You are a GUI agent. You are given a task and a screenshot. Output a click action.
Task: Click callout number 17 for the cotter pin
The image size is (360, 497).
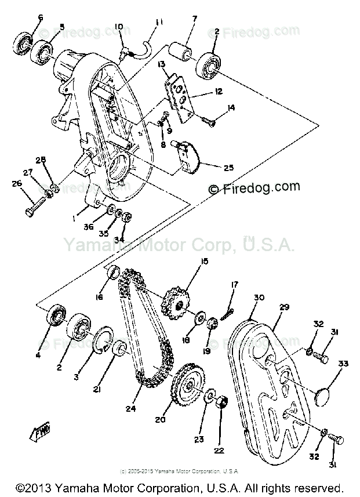click(234, 285)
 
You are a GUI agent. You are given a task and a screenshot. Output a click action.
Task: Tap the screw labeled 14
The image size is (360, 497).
click(208, 122)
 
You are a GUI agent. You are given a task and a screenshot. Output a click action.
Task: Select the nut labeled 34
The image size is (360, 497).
click(128, 218)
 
